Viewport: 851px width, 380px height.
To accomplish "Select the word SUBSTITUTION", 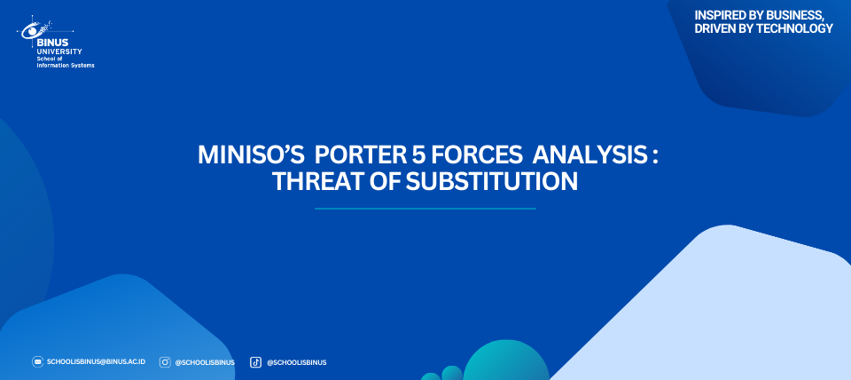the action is coord(492,182).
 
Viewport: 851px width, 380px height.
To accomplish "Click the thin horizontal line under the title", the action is coord(425,209).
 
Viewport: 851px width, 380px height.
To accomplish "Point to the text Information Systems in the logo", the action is coord(65,66).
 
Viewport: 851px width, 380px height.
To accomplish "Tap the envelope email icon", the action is coord(37,362).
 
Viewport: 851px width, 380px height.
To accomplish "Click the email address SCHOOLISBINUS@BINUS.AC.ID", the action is coord(96,362).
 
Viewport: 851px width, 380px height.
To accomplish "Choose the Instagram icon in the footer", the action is coord(165,362).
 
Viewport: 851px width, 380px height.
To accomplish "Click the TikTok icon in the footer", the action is coord(255,362).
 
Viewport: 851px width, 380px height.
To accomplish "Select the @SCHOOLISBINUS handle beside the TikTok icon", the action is coord(296,362).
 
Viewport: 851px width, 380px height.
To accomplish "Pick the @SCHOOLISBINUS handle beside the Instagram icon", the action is coord(205,362).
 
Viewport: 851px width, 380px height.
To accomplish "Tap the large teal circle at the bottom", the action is coord(506,361).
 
